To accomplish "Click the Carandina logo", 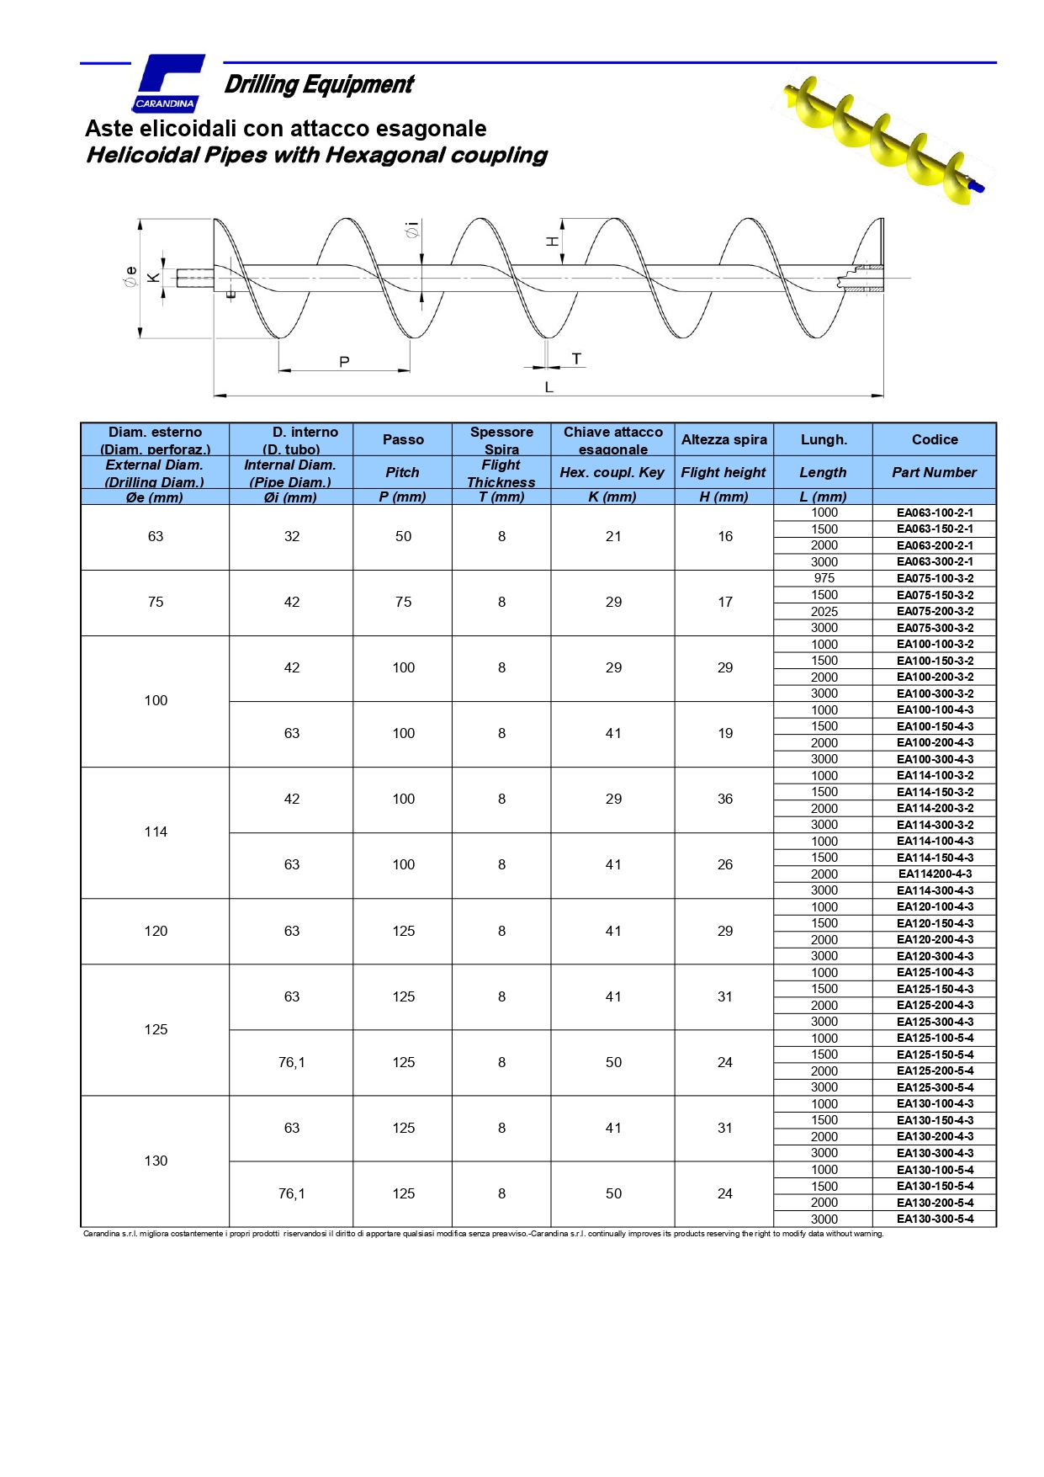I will tap(168, 83).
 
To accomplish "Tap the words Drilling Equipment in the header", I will tap(319, 84).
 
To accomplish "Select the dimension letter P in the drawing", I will tap(344, 362).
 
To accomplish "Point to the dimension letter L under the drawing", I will tap(548, 387).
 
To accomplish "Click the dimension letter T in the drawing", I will tap(576, 359).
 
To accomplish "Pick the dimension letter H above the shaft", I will tap(552, 242).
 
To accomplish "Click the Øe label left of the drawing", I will tap(130, 277).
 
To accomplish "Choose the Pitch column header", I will tap(402, 472).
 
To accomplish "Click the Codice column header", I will tap(935, 439).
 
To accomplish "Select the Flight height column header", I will tap(723, 472).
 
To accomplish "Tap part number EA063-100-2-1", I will tap(935, 513).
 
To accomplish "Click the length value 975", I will tap(824, 578).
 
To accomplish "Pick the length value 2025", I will tap(824, 611).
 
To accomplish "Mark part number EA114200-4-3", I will tap(935, 874).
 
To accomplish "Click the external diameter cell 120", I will tap(156, 931).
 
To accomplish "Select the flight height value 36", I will tap(724, 799).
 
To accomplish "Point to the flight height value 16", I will tap(724, 536).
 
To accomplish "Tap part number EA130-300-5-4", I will tap(935, 1219).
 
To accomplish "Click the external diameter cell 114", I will tap(156, 831).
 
